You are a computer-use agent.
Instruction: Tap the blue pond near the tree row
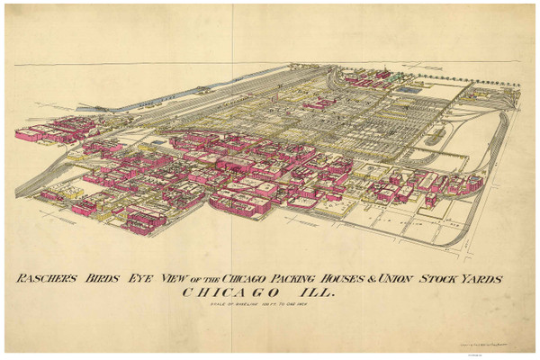point(409,89)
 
